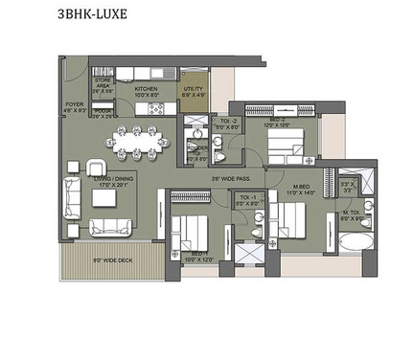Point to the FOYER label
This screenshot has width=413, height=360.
click(x=75, y=107)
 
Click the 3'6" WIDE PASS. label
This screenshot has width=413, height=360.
click(x=234, y=178)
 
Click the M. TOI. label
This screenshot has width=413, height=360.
click(x=351, y=216)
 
